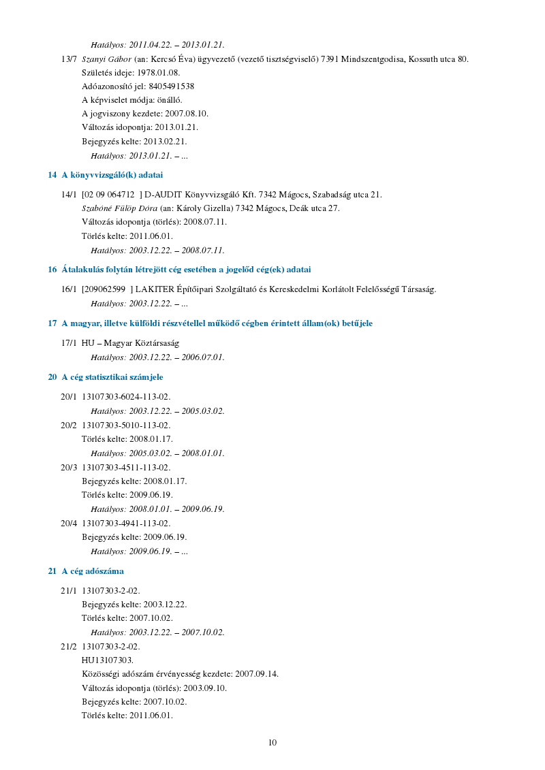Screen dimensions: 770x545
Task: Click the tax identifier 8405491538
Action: tap(171, 86)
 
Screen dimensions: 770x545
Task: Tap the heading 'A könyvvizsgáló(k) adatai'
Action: tap(112, 175)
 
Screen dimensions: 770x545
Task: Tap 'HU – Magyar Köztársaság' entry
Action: tap(130, 343)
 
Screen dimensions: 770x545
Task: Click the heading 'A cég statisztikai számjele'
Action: tap(112, 376)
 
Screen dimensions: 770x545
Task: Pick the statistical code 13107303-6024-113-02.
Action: tap(126, 397)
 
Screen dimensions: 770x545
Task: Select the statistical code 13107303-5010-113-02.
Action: tap(126, 426)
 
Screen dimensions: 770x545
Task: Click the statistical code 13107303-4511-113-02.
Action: tap(126, 468)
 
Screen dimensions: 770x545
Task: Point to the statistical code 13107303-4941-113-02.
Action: tap(126, 524)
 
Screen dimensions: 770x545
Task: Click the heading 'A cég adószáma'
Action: tap(93, 571)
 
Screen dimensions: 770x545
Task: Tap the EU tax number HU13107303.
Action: tap(108, 660)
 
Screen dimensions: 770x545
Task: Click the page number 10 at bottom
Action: tap(272, 743)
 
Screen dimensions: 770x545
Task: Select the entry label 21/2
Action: tap(68, 646)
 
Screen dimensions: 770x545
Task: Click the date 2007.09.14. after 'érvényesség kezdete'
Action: tap(257, 674)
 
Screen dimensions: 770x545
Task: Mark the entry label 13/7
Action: tap(68, 59)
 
